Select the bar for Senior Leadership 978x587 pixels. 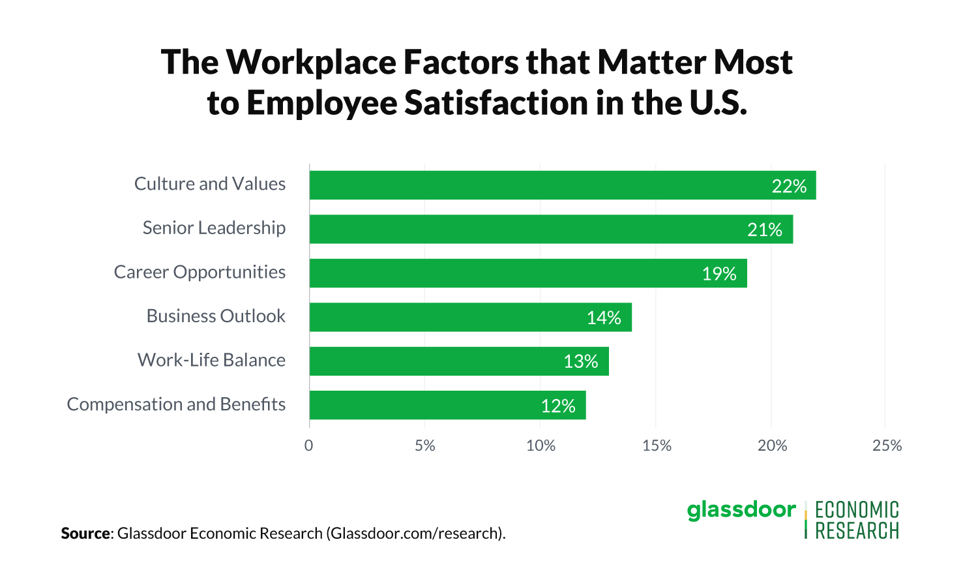pos(551,229)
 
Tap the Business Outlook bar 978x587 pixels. pos(470,317)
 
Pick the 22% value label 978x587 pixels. pos(789,187)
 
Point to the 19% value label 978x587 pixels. pos(719,274)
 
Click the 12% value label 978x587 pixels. pos(557,406)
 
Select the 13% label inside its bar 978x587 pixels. pos(580,361)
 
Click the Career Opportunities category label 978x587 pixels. pos(200,272)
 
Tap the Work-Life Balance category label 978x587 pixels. pos(211,360)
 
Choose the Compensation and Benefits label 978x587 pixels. pos(176,404)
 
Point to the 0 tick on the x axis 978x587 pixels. pos(308,445)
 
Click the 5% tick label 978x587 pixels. pos(424,445)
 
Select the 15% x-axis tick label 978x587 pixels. pos(656,445)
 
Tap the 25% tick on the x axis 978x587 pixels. pos(887,445)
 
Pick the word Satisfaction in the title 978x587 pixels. pos(496,103)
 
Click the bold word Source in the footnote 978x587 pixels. pos(85,534)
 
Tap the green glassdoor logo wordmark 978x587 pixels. pos(741,509)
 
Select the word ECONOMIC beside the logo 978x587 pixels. pos(857,509)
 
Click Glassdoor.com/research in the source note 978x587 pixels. pos(415,534)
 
